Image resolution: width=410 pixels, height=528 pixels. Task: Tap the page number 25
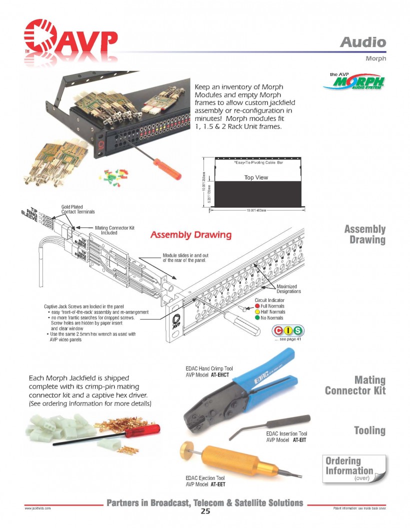205,511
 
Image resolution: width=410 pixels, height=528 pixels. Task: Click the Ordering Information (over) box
352,469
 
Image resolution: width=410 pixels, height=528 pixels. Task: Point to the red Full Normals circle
257,305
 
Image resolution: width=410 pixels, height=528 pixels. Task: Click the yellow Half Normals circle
257,311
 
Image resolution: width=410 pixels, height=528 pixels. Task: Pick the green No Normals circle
257,317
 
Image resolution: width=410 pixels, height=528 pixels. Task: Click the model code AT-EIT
299,440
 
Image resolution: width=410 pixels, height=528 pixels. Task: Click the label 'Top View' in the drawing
256,177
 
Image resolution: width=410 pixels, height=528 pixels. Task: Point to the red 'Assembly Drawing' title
191,234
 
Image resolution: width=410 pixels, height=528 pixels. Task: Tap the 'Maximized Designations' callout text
288,288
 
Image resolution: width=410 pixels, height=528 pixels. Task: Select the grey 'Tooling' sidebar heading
369,430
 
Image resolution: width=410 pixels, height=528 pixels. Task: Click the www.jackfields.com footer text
37,508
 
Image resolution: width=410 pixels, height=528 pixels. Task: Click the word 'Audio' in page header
363,42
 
